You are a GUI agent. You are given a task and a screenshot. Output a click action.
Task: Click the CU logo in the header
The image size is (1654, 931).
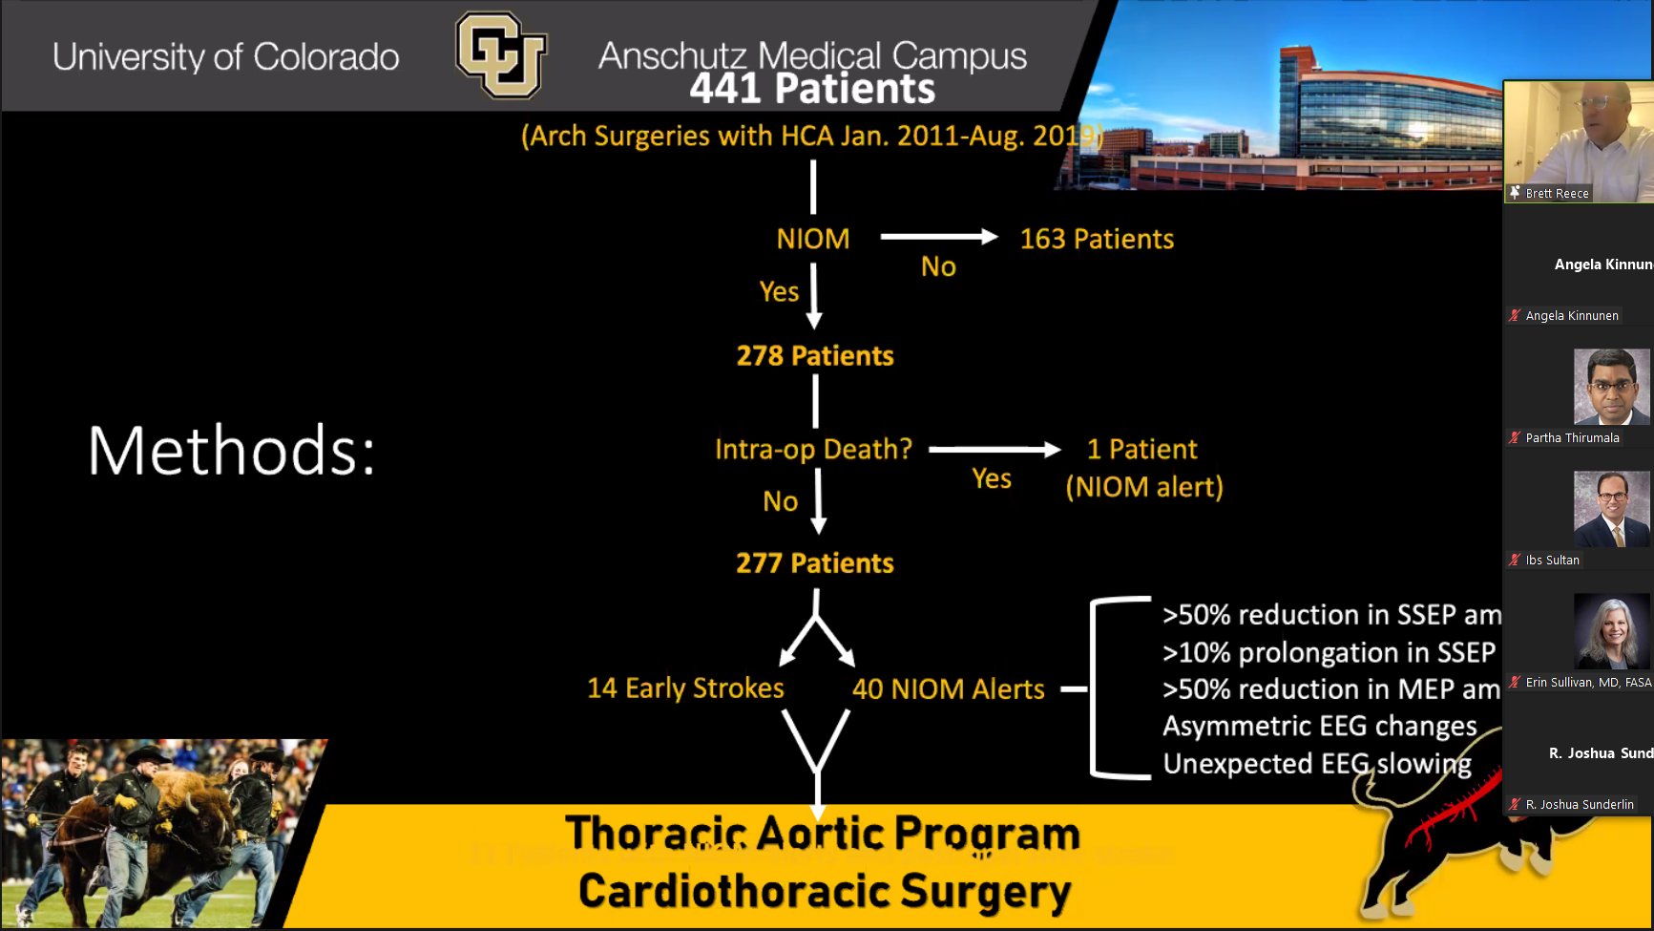501,54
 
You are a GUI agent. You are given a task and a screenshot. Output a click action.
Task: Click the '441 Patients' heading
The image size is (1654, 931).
812,90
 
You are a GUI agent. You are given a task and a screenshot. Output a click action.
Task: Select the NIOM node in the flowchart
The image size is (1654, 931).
812,239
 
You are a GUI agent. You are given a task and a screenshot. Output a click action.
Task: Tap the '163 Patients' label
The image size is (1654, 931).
1097,239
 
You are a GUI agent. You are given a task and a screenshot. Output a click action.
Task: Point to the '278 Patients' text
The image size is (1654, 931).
814,356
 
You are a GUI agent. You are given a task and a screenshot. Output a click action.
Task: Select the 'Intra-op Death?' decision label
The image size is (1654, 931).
813,449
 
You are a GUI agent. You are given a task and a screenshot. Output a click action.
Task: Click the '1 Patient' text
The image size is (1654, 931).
1141,449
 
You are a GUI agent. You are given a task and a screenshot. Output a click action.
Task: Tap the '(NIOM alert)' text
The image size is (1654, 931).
1143,487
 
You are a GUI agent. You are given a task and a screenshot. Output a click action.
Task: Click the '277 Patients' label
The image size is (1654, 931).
814,563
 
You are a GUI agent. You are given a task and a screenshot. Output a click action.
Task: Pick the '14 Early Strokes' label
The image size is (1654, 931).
685,688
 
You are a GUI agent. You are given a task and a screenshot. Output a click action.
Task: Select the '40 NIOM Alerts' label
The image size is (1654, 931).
948,689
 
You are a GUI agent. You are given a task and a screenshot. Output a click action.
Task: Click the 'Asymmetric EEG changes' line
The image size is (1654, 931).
1319,727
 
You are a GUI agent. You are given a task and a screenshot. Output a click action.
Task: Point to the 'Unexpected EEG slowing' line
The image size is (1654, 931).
1317,764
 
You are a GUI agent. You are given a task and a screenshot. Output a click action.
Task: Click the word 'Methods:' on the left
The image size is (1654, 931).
232,451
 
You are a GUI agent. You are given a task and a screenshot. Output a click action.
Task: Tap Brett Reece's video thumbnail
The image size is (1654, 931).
1578,140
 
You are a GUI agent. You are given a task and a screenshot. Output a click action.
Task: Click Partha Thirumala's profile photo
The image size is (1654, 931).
1611,387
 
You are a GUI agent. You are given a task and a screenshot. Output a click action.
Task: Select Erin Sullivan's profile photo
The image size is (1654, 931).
1611,630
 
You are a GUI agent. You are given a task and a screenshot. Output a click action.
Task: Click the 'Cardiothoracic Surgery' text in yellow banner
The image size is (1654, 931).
824,891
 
